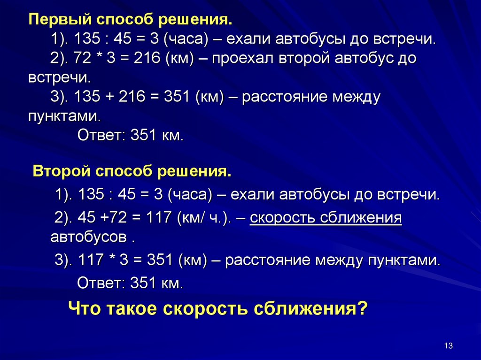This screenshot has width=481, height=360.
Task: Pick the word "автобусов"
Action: (88, 236)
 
